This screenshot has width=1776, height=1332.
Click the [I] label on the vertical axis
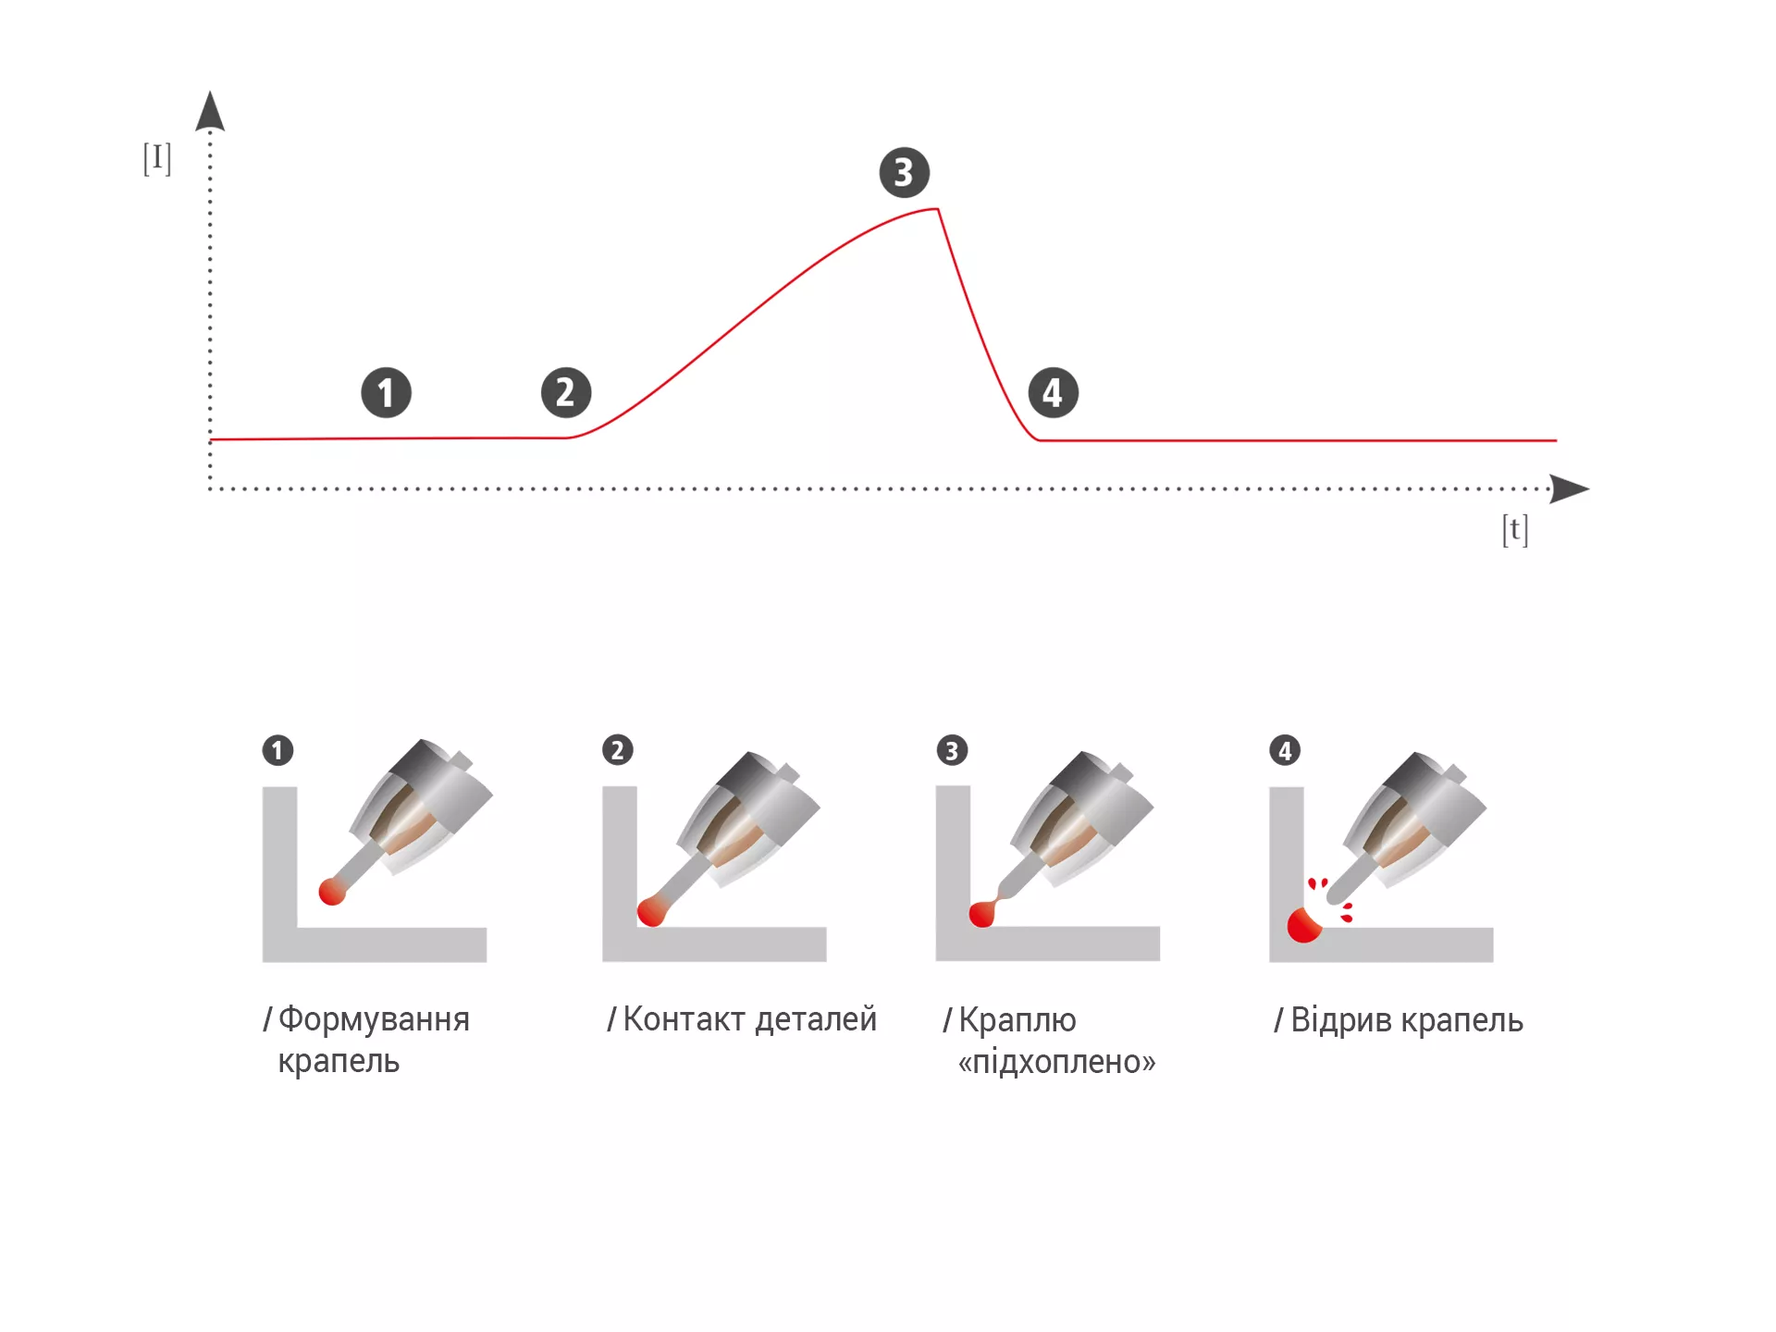click(x=157, y=158)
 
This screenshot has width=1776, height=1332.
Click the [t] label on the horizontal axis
click(x=1515, y=529)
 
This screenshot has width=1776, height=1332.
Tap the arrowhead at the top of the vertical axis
click(x=210, y=110)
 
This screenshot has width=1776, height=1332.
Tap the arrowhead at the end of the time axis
click(x=1569, y=488)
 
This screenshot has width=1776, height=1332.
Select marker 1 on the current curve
click(x=386, y=393)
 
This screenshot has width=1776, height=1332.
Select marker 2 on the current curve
click(x=566, y=392)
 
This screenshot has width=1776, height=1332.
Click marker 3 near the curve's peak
click(x=904, y=172)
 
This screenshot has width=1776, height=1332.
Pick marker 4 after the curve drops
click(x=1054, y=393)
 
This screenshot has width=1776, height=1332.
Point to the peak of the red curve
click(x=938, y=210)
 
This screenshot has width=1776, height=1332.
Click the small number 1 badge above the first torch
click(x=277, y=750)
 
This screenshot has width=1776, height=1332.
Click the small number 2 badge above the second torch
click(x=618, y=749)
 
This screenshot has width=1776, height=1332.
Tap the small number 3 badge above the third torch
click(x=952, y=750)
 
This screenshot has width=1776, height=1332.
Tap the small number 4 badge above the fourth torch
click(x=1285, y=750)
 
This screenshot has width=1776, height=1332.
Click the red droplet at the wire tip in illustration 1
click(x=332, y=892)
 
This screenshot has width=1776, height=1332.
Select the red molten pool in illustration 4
click(x=1304, y=925)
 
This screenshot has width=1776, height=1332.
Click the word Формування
click(x=374, y=1019)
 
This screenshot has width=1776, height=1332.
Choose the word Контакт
click(x=684, y=1018)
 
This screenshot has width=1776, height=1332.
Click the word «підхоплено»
click(x=1057, y=1062)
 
